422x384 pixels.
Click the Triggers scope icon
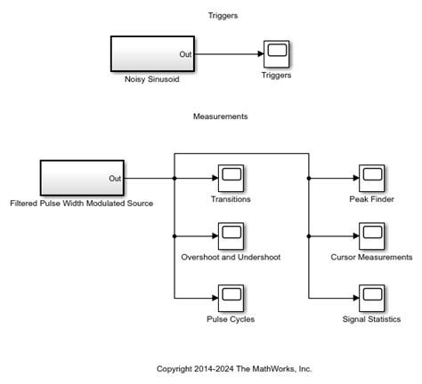click(x=276, y=54)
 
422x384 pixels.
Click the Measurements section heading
click(x=220, y=116)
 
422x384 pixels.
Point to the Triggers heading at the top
click(x=223, y=16)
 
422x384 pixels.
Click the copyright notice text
click(x=234, y=368)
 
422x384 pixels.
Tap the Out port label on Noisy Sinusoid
click(x=185, y=54)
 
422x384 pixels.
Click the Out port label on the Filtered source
click(x=115, y=178)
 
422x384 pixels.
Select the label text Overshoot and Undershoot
click(x=231, y=258)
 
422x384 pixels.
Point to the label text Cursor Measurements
click(x=371, y=258)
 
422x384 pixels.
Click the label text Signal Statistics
click(x=371, y=319)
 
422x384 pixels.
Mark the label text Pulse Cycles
click(x=231, y=319)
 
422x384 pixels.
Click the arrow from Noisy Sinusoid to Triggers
click(x=227, y=54)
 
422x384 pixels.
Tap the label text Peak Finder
click(x=371, y=199)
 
